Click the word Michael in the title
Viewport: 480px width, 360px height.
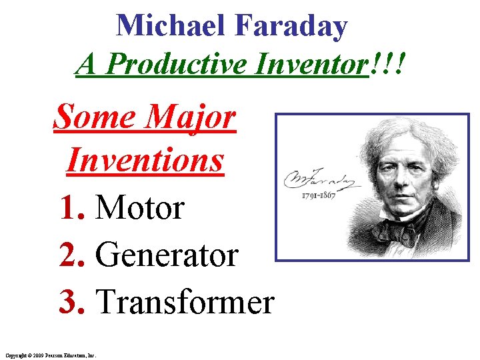point(172,27)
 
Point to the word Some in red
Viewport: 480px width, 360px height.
point(92,117)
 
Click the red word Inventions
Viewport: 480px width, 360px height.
point(145,160)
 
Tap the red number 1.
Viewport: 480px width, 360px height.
point(69,208)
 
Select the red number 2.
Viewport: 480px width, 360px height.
point(69,255)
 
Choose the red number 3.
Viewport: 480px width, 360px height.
point(69,301)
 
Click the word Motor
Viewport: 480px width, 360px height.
point(140,208)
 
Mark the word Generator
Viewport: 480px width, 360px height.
point(167,255)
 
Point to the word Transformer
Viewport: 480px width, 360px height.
point(185,301)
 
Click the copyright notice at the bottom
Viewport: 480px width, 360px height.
point(51,355)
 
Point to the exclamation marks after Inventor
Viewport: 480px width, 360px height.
point(390,65)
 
